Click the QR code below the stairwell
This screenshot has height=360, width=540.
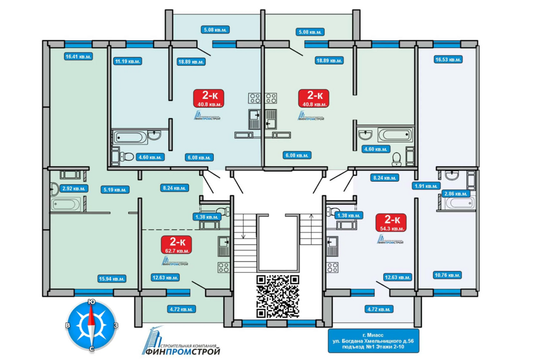click(x=277, y=296)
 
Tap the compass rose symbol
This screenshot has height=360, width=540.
click(x=91, y=326)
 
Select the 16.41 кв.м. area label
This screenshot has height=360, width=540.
click(x=78, y=56)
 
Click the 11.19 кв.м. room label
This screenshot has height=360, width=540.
click(x=127, y=61)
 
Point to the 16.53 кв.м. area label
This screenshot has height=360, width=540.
click(x=448, y=58)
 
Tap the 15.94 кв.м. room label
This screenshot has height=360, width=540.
click(x=111, y=278)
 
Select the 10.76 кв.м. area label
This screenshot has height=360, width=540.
click(x=447, y=275)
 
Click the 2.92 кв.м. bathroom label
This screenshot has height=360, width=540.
click(x=75, y=189)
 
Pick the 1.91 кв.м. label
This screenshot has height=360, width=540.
click(x=426, y=186)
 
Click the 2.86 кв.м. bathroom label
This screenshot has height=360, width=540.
click(x=454, y=193)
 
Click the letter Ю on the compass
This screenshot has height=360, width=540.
click(x=91, y=303)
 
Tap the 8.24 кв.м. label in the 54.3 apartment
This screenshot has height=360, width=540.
click(x=384, y=177)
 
